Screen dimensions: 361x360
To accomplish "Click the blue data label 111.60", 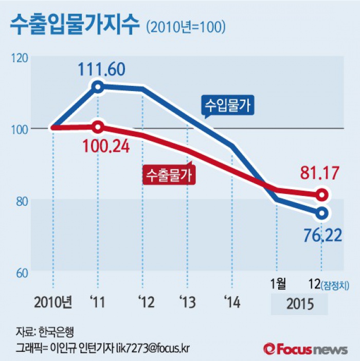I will click(101, 69).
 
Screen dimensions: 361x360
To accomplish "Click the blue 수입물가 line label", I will click(228, 105).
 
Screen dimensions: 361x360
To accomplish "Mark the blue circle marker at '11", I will click(97, 86).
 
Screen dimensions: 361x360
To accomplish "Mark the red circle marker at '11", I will click(98, 127).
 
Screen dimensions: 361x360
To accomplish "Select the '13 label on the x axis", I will click(187, 302).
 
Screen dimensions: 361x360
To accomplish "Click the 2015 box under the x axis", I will click(299, 303).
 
